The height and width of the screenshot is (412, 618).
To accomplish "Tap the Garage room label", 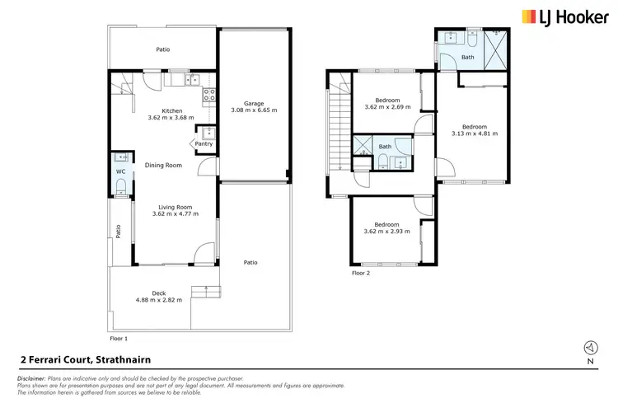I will pos(252,103).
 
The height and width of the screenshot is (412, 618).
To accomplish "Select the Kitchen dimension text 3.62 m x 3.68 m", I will pos(171,117).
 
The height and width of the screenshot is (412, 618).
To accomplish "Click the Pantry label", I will pos(204,143).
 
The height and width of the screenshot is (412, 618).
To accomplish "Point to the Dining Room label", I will pos(163,166).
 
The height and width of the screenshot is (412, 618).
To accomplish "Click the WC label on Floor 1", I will pos(120,171).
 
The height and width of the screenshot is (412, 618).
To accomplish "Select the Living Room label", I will pos(172,207).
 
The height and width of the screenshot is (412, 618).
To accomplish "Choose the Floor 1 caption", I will pos(119,339).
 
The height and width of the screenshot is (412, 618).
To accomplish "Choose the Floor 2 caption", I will pos(362,273).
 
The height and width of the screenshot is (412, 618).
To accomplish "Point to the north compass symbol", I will pos(588,348).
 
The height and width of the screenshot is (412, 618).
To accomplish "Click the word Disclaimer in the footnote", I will pos(33,377).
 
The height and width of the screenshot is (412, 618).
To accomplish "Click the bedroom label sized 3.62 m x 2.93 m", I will pos(386,225).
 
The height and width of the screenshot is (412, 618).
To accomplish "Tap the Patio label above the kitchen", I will pos(163,49).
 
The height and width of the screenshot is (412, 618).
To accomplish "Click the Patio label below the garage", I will pos(250,263).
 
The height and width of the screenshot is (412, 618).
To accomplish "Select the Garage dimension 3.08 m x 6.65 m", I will pos(252,110).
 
